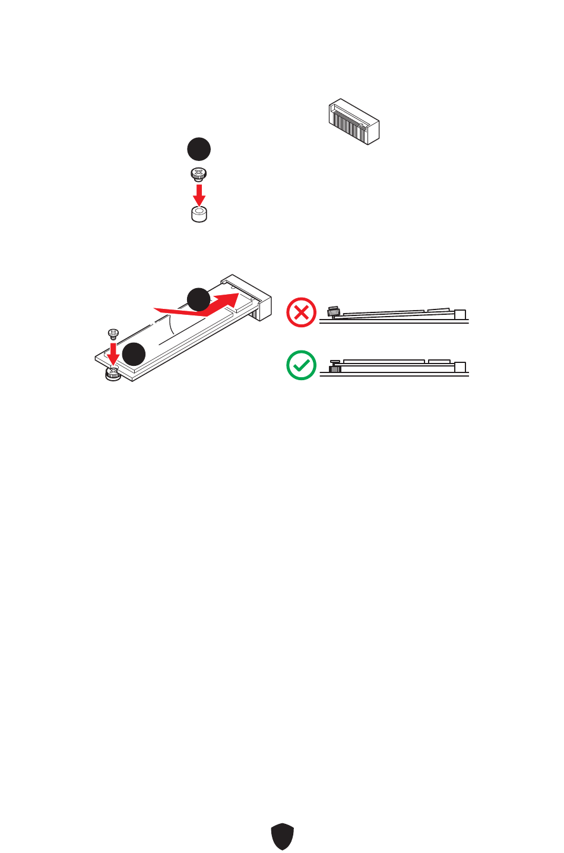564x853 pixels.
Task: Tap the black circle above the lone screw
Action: [x=199, y=149]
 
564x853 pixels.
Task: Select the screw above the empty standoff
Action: [x=199, y=175]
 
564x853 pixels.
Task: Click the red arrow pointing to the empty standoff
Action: [x=199, y=195]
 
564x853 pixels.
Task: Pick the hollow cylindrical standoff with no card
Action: [x=199, y=214]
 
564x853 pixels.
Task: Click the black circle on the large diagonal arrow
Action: [x=198, y=299]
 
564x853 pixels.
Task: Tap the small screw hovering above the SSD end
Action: [x=112, y=333]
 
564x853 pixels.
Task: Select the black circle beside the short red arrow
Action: [x=134, y=354]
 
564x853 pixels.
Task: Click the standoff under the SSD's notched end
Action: [x=113, y=374]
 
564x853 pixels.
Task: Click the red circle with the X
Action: [x=302, y=312]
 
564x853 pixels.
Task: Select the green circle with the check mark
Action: [x=302, y=365]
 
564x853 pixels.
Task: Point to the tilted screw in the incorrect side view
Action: [x=333, y=311]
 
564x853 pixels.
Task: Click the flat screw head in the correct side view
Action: [x=335, y=362]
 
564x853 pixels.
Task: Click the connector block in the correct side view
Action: [x=460, y=367]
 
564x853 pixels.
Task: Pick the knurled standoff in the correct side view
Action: [x=335, y=369]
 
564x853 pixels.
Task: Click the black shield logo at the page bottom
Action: [x=283, y=836]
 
